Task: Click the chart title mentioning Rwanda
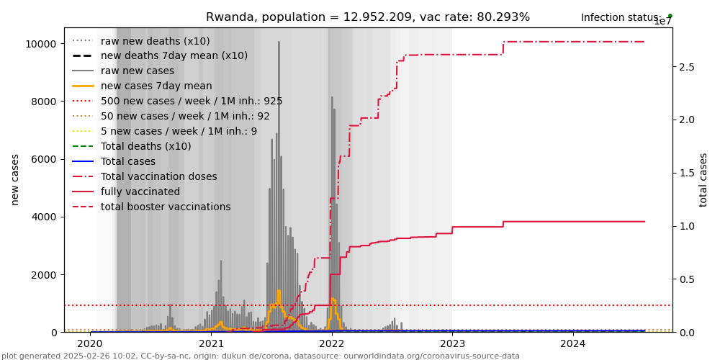point(368,17)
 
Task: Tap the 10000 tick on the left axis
point(42,43)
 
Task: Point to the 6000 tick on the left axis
point(45,159)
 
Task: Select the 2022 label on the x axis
point(332,344)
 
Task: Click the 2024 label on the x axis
point(573,344)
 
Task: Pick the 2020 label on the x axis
point(91,344)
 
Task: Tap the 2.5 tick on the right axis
point(687,67)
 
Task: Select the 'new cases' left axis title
point(15,180)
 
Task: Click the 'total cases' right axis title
point(703,180)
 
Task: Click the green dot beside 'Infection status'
point(670,15)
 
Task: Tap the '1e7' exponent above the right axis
point(662,22)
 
